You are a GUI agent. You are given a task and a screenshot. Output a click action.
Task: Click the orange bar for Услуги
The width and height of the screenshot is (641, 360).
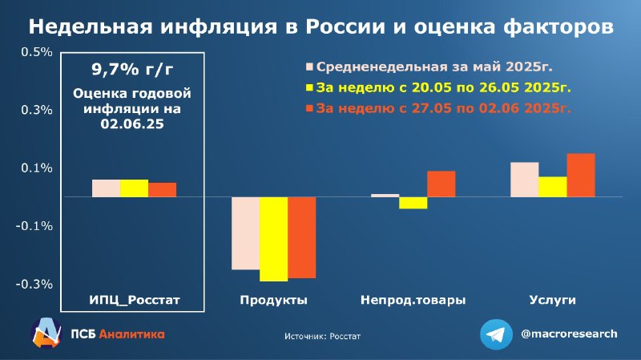point(581,175)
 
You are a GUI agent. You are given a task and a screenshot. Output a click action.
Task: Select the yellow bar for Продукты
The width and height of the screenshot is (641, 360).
point(274,239)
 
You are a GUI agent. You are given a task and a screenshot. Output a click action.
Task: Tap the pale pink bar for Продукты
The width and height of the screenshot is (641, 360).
point(245,233)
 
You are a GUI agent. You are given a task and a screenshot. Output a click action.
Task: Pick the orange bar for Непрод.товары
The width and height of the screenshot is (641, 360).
point(441,184)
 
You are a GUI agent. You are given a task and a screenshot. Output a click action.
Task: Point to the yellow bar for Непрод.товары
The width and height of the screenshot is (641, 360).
point(413,203)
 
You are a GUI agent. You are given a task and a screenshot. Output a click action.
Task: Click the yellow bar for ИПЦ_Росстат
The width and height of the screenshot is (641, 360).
point(134,188)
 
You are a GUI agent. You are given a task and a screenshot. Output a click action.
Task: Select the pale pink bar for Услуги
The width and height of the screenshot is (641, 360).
point(525,180)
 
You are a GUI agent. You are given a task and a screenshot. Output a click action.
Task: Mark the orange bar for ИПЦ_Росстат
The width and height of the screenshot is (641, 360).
point(163,190)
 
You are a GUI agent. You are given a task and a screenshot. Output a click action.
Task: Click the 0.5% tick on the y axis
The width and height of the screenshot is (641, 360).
point(37,52)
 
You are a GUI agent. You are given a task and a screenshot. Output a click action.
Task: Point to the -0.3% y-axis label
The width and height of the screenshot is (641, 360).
point(34,284)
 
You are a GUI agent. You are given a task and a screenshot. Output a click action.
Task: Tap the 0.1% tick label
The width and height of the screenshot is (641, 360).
point(37,168)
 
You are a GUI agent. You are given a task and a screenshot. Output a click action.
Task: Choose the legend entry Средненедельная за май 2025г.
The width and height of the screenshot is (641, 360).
point(429,67)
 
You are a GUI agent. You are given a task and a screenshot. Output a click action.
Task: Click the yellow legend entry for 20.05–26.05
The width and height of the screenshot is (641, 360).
point(438,87)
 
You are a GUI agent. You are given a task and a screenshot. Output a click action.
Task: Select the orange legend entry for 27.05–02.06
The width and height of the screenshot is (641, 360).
point(438,108)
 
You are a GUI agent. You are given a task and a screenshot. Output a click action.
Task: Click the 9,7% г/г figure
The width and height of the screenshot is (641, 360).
point(132,70)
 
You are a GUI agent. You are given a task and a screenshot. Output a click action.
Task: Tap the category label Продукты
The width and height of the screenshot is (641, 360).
point(273,300)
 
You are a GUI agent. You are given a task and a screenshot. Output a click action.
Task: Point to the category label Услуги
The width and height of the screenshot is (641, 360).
point(553,300)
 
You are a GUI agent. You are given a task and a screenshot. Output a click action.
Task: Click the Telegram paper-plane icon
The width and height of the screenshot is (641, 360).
point(496,334)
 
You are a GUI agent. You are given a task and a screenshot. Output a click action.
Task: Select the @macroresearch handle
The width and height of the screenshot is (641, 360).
point(569,334)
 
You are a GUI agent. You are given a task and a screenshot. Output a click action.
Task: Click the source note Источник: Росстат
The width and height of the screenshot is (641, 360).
point(323,336)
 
